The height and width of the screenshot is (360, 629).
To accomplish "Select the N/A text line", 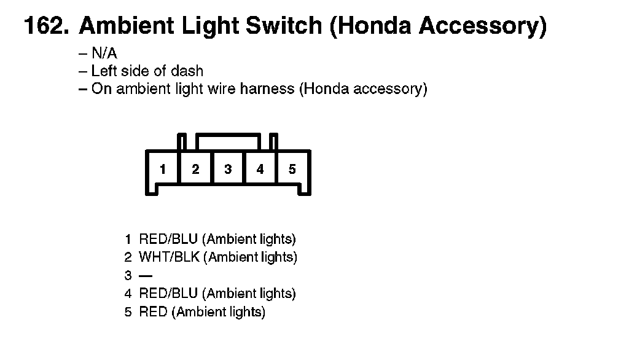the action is [104, 53].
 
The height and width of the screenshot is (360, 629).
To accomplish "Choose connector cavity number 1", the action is [162, 169].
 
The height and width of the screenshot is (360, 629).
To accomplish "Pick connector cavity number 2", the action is [195, 169].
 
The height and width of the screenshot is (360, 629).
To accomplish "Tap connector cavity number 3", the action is [228, 169].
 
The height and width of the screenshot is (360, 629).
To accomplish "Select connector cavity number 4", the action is [260, 169].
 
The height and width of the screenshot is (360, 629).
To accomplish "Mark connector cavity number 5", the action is [292, 169].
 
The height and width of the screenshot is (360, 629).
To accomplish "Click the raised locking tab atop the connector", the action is [227, 141].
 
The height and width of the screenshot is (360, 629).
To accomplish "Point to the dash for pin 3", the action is [146, 276].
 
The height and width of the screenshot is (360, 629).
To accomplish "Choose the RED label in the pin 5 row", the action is [153, 312].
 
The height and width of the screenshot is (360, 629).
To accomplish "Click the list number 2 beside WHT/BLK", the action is [128, 257].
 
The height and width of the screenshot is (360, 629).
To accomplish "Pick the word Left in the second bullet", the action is [103, 71].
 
